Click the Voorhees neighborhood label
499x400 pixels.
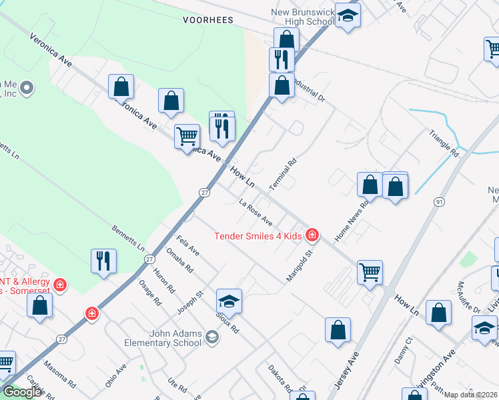point(208,20)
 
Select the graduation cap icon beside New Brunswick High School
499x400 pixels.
point(348,16)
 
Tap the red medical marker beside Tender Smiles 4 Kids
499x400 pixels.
point(312,235)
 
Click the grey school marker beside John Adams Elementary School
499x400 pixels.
point(211,338)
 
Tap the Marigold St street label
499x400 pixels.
point(300,265)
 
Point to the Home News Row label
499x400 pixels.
point(352,222)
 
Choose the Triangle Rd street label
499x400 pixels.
point(445,143)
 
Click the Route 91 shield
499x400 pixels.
point(438,201)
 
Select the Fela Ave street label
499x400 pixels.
point(187,245)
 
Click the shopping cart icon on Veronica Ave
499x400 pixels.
point(187,137)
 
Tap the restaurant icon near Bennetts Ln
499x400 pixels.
point(103,261)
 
